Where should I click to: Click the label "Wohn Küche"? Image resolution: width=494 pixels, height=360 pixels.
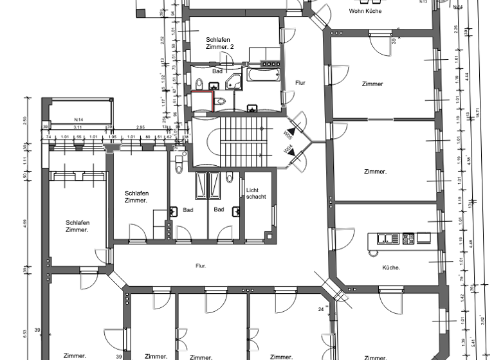tap(365, 11)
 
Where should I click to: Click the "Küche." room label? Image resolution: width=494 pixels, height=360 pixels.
tap(391, 267)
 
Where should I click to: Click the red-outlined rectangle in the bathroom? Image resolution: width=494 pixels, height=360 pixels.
tap(202, 102)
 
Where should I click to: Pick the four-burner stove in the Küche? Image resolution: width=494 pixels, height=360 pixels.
tap(408, 239)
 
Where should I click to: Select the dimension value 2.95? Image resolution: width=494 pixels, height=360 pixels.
tap(140, 127)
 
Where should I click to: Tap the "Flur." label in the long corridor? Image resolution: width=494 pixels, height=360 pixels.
tap(201, 264)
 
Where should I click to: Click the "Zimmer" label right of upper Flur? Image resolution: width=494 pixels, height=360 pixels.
tap(372, 84)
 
